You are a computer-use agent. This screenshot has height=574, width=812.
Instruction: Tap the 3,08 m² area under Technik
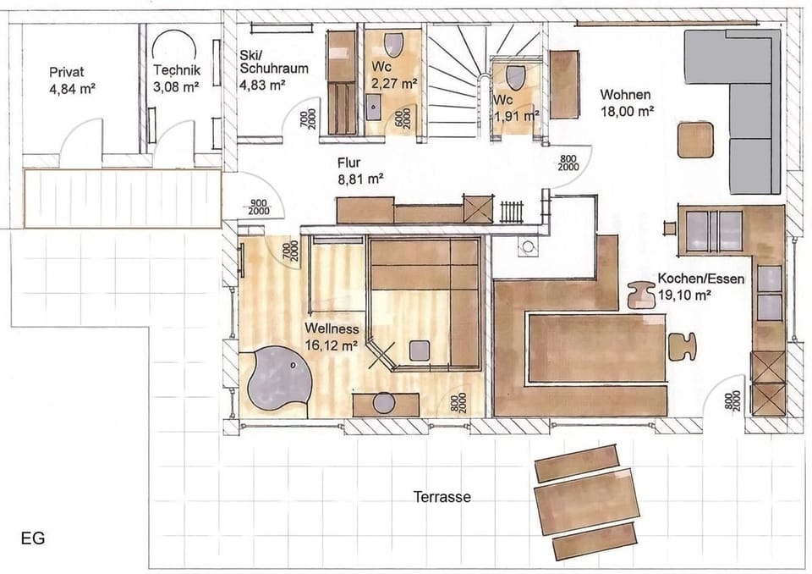pyautogui.click(x=176, y=86)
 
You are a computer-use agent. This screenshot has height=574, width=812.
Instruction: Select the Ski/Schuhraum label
pyautogui.click(x=272, y=60)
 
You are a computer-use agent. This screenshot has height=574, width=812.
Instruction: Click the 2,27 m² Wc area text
pyautogui.click(x=394, y=83)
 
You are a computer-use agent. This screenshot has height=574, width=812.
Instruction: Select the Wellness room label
pyautogui.click(x=333, y=329)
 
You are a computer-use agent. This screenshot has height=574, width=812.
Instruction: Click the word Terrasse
pyautogui.click(x=442, y=497)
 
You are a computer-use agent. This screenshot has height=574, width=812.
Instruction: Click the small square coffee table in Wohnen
pyautogui.click(x=696, y=141)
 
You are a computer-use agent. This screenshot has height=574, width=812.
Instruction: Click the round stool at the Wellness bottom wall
pyautogui.click(x=384, y=403)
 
